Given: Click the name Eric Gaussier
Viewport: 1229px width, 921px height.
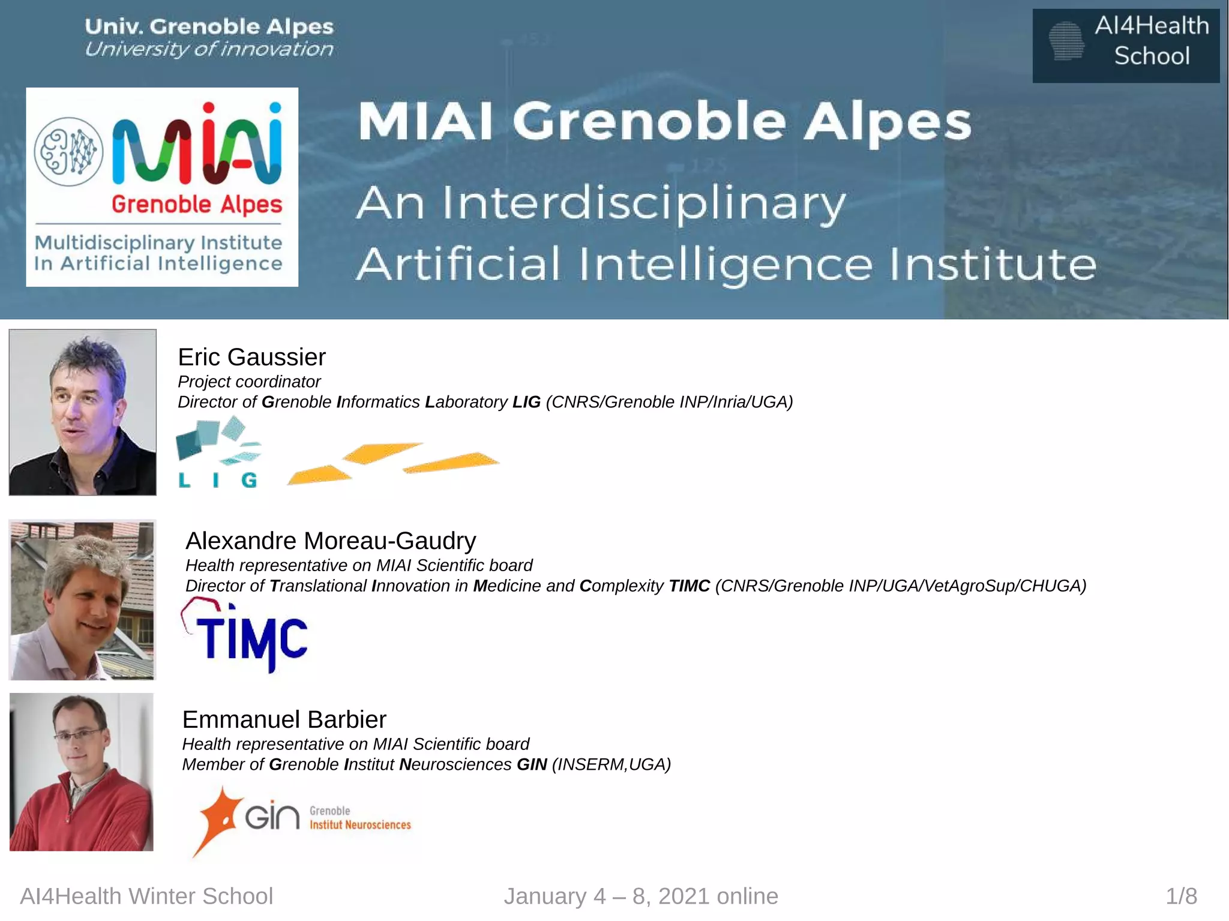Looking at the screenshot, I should tap(251, 357).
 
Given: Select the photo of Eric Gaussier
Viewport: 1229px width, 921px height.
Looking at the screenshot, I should tap(83, 412).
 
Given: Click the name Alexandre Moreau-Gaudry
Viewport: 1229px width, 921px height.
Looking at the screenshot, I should tap(331, 541).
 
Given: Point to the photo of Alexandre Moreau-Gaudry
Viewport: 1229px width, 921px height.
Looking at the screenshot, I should tap(82, 599).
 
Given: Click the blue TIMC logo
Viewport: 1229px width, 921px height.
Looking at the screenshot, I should tap(246, 636).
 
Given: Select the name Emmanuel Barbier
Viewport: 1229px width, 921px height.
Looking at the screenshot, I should tap(284, 719).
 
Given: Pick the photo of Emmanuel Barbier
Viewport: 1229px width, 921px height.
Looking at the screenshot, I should tap(82, 772).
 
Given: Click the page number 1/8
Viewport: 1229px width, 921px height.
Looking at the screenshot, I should tap(1181, 896).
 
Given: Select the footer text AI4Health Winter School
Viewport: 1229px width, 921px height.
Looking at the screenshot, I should tap(146, 896).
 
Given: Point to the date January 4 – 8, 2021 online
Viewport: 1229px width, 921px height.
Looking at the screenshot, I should tap(641, 896).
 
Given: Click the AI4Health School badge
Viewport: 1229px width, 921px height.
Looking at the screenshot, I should tap(1126, 46).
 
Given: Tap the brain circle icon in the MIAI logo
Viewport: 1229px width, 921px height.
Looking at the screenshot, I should tap(68, 151).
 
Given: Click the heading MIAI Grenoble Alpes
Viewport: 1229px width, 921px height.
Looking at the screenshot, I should tap(664, 121).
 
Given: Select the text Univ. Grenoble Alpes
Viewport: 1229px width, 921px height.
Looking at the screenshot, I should tap(209, 26).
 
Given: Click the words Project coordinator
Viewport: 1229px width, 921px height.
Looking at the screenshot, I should tap(249, 382).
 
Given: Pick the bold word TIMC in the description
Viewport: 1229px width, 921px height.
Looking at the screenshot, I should tap(689, 586).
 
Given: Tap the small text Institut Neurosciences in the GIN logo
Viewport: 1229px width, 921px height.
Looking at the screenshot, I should tap(360, 825).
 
